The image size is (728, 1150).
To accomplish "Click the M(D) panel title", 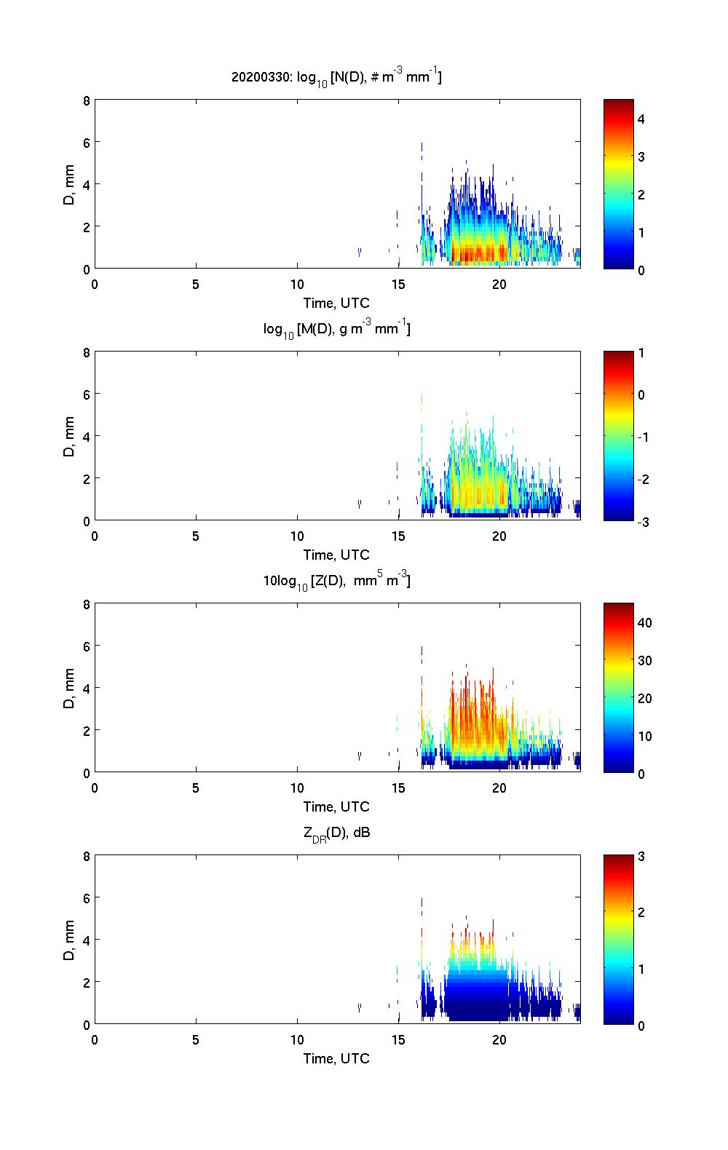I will (x=336, y=330).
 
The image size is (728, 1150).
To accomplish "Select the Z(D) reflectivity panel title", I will (x=336, y=581).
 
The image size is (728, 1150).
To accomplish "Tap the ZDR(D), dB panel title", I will (x=336, y=833).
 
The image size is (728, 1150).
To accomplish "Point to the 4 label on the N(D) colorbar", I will (x=641, y=119).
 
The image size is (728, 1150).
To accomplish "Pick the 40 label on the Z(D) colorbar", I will (x=644, y=622).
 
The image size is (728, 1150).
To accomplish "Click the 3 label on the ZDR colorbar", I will (x=641, y=857).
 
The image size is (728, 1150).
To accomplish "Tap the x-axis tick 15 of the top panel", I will (x=397, y=285).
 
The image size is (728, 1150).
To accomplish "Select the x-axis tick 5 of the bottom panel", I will (x=196, y=1040).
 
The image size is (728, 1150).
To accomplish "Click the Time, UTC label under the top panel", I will (x=336, y=303).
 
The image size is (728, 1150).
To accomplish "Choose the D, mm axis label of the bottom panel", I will (x=70, y=940).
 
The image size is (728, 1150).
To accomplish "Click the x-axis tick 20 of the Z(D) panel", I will (x=499, y=788).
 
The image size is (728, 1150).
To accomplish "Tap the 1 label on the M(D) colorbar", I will (x=641, y=353).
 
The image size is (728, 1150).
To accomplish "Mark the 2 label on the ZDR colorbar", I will (x=641, y=913).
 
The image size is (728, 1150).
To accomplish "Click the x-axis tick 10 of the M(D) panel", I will (x=297, y=536).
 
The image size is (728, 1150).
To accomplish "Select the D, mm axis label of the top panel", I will (x=70, y=185).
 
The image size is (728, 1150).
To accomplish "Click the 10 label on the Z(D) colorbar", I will (x=644, y=736).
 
